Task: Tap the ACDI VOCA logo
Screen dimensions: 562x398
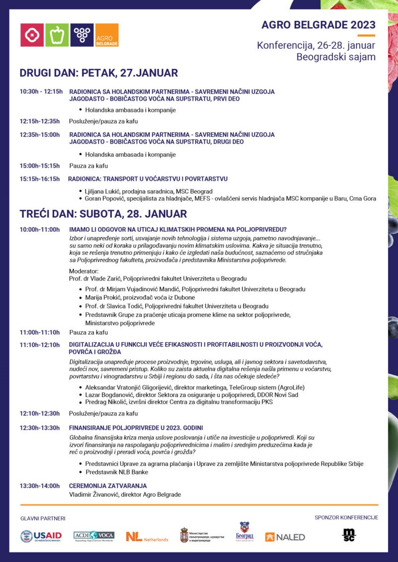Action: pos(94,536)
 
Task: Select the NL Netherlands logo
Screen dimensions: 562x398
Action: pos(147,537)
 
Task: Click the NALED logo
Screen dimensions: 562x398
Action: pos(285,537)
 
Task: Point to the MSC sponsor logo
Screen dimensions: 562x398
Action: pos(349,535)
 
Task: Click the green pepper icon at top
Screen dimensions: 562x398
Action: pos(57,35)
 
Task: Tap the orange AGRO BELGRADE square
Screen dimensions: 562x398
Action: pos(106,35)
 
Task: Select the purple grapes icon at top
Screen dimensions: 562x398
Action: pos(82,35)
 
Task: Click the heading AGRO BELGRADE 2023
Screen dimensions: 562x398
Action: pos(318,25)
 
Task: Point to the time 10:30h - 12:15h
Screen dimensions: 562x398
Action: pos(41,92)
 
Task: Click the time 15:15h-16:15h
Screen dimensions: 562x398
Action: pos(40,179)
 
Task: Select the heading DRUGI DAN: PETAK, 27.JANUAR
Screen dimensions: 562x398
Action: pos(99,73)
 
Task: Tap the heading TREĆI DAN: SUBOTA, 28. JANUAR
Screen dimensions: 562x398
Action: pos(103,214)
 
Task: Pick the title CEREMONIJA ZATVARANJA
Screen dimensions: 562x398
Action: pos(108,486)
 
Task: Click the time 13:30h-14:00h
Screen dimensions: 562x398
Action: pos(40,486)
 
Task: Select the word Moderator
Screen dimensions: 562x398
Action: pos(84,271)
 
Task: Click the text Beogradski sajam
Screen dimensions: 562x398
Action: pos(336,57)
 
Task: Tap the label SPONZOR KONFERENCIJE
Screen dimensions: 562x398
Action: pos(346,518)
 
